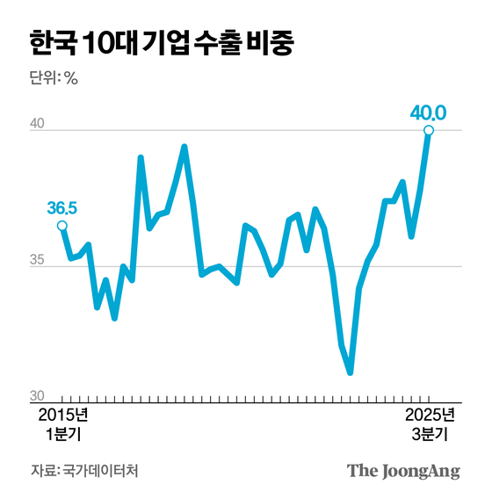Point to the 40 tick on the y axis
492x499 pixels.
38,126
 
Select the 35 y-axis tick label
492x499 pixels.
38,261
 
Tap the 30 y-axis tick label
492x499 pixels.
38,396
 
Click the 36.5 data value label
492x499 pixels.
62,208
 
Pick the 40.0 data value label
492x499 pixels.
429,112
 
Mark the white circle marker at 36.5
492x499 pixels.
62,226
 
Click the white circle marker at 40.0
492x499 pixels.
429,131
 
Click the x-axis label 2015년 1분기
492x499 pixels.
63,423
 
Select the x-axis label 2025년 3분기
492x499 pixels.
430,423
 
